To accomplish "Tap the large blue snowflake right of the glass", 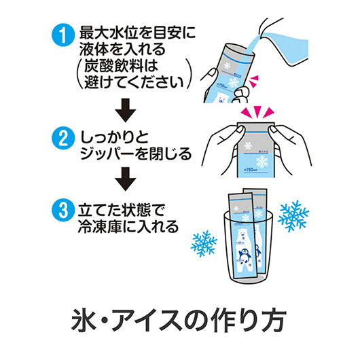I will click(293, 215).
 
